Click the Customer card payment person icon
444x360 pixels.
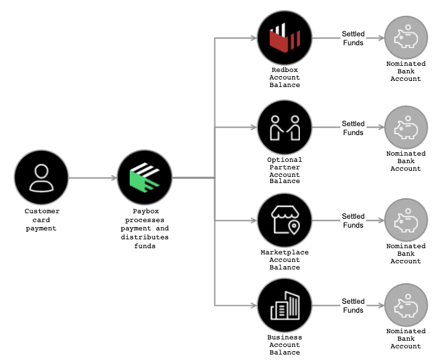click(x=41, y=178)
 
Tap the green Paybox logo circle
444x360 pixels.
click(x=144, y=178)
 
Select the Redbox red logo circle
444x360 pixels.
click(x=284, y=38)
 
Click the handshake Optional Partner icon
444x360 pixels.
click(x=284, y=128)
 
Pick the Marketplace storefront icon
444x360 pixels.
click(x=284, y=220)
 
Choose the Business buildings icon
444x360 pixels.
click(x=284, y=306)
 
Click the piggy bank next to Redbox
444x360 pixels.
click(x=406, y=38)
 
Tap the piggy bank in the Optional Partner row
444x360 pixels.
click(x=406, y=128)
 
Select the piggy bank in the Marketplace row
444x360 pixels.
click(x=406, y=220)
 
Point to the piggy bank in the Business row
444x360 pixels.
click(x=406, y=306)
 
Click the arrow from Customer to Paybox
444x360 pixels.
click(x=93, y=178)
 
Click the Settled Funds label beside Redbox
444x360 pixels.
click(x=353, y=38)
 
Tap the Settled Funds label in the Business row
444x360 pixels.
click(x=353, y=306)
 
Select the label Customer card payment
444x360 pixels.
click(x=41, y=219)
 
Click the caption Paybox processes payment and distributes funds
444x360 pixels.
click(x=144, y=228)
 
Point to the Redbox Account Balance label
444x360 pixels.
click(x=284, y=77)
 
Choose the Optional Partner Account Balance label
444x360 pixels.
click(x=284, y=170)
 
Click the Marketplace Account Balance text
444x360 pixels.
click(x=284, y=260)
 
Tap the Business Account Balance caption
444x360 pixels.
click(x=284, y=345)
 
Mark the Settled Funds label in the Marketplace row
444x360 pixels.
click(x=353, y=221)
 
